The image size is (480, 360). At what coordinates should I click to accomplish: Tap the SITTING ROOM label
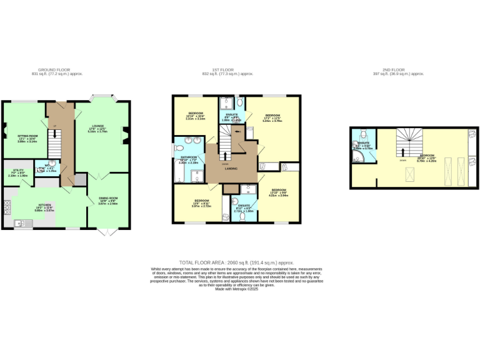click(x=27, y=135)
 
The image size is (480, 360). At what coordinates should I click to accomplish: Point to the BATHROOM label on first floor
click(x=189, y=157)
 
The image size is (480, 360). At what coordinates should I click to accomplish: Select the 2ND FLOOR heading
click(x=407, y=70)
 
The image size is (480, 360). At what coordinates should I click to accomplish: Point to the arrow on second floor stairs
click(x=402, y=152)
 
